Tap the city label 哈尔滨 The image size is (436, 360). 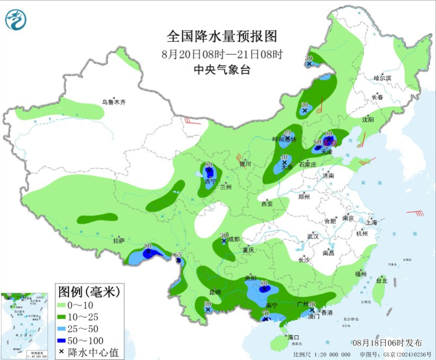click(x=382, y=78)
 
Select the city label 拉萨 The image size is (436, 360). click(x=119, y=241)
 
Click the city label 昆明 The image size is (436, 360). click(x=215, y=292)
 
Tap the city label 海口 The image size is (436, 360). click(x=293, y=338)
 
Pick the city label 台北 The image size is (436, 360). click(x=381, y=280)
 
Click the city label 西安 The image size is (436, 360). click(x=267, y=204)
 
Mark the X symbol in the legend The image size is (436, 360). click(x=61, y=352)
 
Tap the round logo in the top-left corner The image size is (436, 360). click(x=15, y=20)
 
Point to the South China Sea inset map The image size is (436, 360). click(x=27, y=325)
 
